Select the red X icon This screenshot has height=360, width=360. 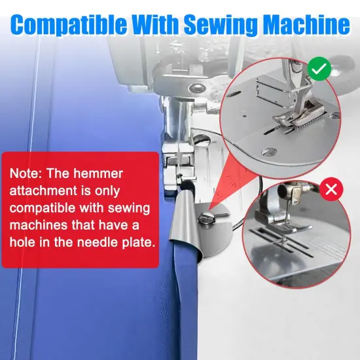332,190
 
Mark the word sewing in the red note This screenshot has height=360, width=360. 122,209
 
